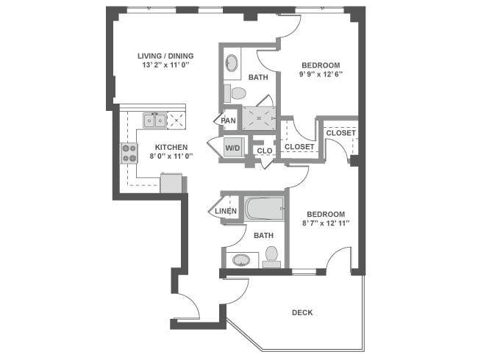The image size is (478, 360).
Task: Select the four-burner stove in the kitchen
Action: click(129, 153)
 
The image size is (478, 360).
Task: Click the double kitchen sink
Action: click(154, 120)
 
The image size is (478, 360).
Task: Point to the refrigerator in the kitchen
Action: click(171, 183)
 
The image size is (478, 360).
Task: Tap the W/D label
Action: click(233, 148)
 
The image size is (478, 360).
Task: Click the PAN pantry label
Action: click(229, 120)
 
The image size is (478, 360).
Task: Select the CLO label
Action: click(264, 151)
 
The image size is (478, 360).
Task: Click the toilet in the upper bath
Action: click(238, 93)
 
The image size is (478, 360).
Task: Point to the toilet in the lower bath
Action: click(271, 255)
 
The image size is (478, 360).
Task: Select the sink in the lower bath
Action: click(240, 259)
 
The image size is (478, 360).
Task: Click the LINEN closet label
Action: click(226, 212)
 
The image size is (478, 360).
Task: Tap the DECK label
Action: click(302, 312)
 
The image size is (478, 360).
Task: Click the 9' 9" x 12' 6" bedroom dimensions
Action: click(320, 74)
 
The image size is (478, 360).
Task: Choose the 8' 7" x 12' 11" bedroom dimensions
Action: click(324, 223)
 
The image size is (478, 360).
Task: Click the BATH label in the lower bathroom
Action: click(263, 235)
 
